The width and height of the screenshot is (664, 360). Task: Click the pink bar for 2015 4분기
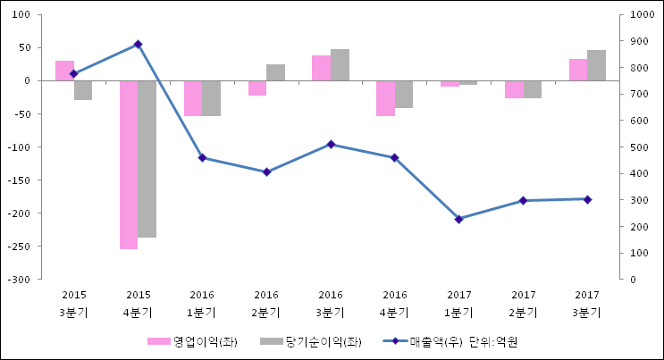pyautogui.click(x=129, y=164)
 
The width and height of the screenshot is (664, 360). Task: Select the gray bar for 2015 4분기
pyautogui.click(x=147, y=159)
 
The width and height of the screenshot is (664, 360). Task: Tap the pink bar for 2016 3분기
pyautogui.click(x=321, y=68)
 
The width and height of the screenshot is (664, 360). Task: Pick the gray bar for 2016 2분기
pyautogui.click(x=275, y=72)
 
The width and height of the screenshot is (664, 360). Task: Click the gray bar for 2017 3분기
pyautogui.click(x=596, y=65)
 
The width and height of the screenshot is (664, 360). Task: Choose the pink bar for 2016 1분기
pyautogui.click(x=193, y=98)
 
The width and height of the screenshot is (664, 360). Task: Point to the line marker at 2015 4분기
pyautogui.click(x=138, y=44)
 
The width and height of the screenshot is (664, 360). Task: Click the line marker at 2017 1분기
pyautogui.click(x=458, y=219)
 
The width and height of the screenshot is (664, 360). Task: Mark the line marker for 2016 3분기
pyautogui.click(x=331, y=144)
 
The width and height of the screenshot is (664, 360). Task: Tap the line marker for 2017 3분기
pyautogui.click(x=587, y=199)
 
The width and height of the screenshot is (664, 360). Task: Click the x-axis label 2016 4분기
pyautogui.click(x=394, y=303)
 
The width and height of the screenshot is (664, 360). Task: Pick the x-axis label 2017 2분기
pyautogui.click(x=523, y=303)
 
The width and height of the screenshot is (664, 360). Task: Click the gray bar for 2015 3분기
pyautogui.click(x=83, y=90)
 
